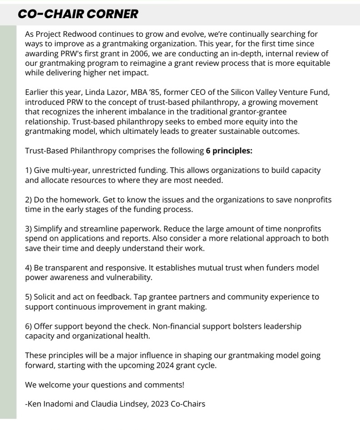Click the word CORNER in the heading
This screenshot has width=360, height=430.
112,14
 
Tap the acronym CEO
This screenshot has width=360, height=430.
197,93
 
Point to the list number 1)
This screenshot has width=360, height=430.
29,170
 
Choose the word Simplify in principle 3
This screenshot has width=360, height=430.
49,229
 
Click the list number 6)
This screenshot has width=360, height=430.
29,326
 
